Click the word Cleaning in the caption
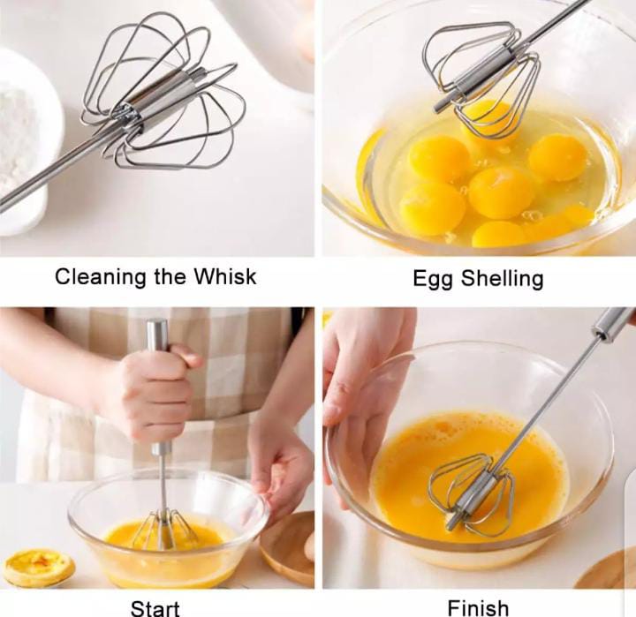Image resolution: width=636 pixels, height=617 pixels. click(x=91, y=277)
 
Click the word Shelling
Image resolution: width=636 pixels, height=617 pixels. click(x=503, y=280)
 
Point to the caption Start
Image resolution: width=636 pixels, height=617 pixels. click(x=155, y=607)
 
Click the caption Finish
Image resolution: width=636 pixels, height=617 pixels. click(x=478, y=607)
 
